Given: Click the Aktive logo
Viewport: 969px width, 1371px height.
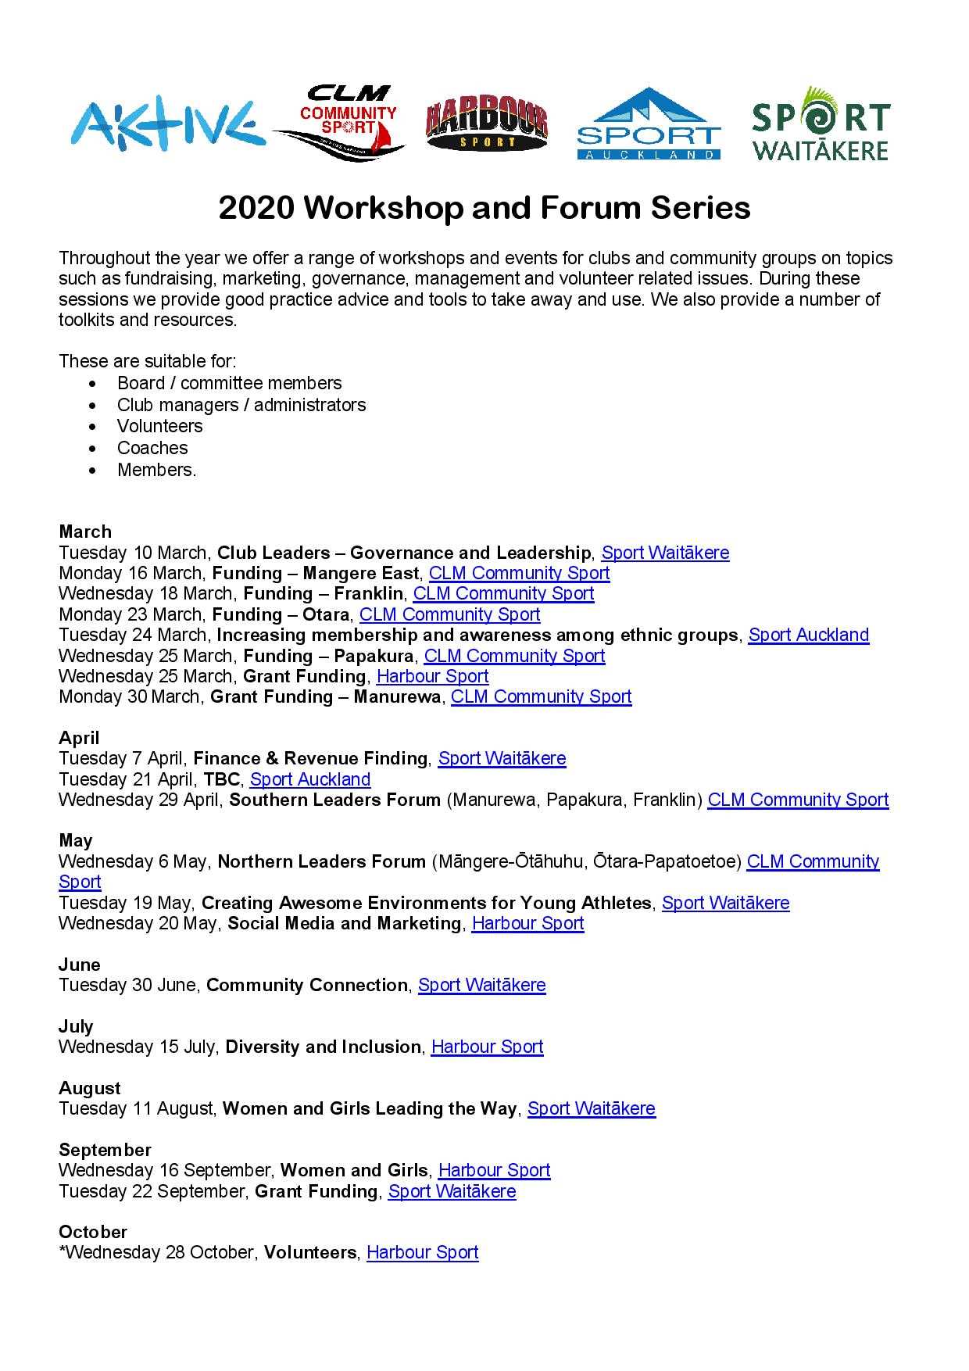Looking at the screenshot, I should click(x=163, y=125).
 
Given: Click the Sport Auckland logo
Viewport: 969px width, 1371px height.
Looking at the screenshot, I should click(x=648, y=125).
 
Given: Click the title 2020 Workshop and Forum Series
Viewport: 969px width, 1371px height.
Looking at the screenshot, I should click(x=484, y=208).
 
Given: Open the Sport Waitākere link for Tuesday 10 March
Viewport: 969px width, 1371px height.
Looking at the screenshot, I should click(x=665, y=553).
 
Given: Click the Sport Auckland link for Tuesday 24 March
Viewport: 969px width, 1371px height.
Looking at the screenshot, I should click(x=808, y=635).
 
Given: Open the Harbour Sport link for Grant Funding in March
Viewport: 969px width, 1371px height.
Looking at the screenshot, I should click(x=432, y=676).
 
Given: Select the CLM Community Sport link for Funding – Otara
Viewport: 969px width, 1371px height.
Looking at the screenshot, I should click(x=449, y=614).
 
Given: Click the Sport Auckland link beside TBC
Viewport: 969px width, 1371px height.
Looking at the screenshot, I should click(x=310, y=779).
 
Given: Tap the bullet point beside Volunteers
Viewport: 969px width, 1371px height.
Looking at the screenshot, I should click(x=95, y=427).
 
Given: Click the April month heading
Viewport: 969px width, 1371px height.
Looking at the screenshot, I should click(x=79, y=738).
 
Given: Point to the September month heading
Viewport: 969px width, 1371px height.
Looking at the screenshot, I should click(x=105, y=1150).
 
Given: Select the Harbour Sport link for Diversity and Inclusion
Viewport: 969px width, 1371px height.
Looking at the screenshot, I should click(x=487, y=1047).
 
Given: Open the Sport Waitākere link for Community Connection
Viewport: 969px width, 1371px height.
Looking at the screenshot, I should click(x=481, y=985).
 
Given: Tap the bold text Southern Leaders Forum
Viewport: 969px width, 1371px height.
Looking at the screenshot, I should click(x=334, y=800).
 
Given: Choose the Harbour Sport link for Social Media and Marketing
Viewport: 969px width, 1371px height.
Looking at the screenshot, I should click(x=527, y=923).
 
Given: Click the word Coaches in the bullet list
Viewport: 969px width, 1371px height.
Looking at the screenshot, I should click(x=152, y=448).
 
